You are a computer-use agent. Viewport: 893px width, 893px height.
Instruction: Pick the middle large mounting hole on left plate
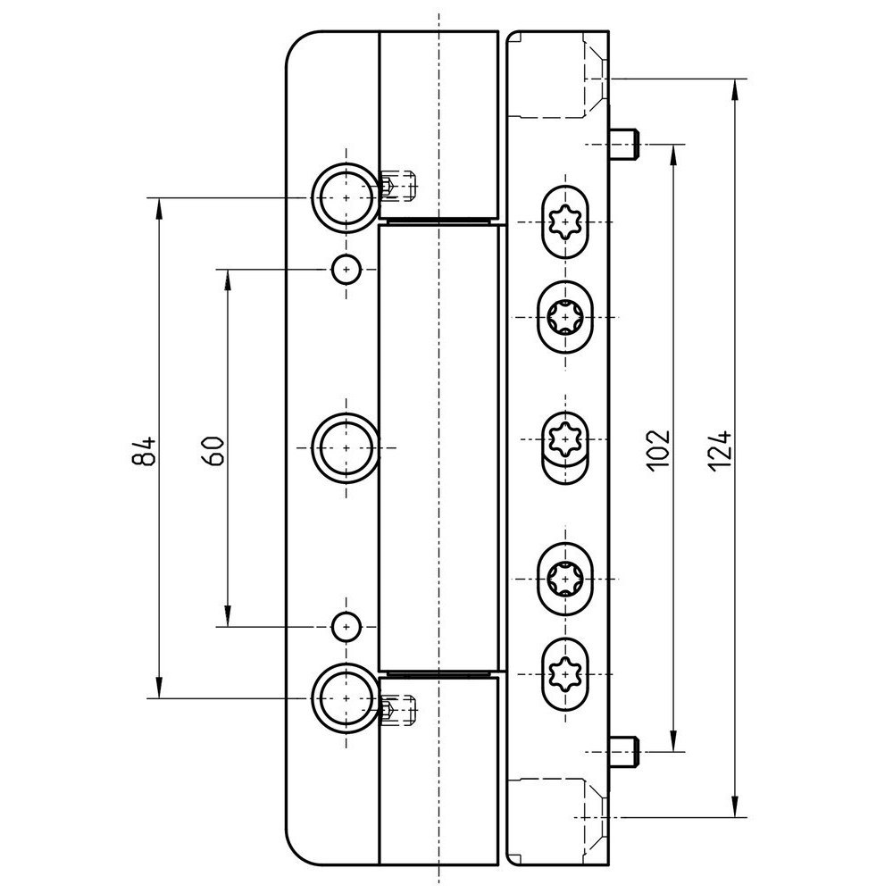tap(344, 445)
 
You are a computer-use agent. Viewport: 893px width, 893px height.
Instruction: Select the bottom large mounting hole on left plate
tap(344, 697)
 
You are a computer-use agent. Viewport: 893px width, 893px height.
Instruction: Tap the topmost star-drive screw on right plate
tap(564, 221)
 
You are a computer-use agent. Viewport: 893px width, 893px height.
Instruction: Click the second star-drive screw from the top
tap(564, 316)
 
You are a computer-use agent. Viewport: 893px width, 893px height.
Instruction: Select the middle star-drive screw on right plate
tap(564, 439)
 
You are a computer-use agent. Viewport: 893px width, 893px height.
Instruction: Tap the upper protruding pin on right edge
tap(627, 143)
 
